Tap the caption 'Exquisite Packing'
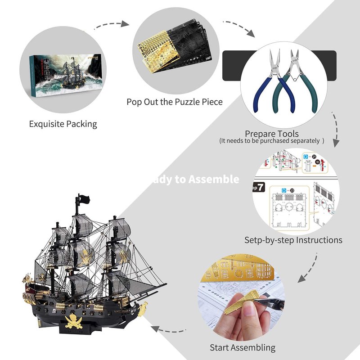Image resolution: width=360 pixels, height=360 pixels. click(63, 124)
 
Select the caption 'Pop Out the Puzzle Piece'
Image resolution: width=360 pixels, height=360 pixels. click(175, 102)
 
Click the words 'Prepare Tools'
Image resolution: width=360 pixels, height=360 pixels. click(271, 134)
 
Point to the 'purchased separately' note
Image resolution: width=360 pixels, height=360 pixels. click(271, 141)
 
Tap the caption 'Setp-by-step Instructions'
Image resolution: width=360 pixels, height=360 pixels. click(293, 240)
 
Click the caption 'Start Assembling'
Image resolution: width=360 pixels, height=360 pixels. click(243, 347)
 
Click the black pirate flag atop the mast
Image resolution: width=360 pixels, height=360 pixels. click(83, 199)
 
